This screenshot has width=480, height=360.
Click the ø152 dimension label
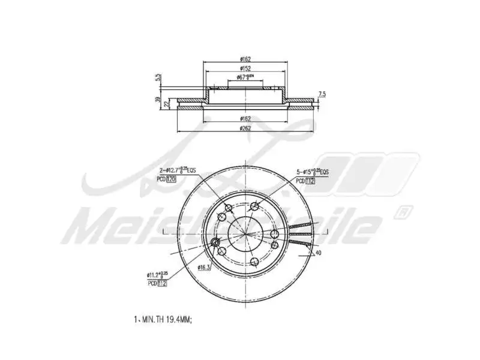(x=245, y=68)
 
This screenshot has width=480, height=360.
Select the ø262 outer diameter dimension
(x=245, y=128)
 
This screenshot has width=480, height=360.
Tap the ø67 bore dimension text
(x=245, y=77)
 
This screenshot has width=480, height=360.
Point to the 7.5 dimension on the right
(x=322, y=94)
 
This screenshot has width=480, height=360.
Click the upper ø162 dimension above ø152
(x=245, y=59)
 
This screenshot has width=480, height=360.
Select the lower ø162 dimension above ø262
(x=245, y=119)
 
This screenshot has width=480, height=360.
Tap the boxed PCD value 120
(x=171, y=179)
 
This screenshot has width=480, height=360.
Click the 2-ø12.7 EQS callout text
(x=177, y=171)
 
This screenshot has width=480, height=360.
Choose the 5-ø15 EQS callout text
(x=311, y=172)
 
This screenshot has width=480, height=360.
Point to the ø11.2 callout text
(x=157, y=275)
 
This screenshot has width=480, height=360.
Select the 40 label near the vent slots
(x=318, y=253)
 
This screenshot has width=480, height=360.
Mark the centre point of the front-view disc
(x=245, y=233)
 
